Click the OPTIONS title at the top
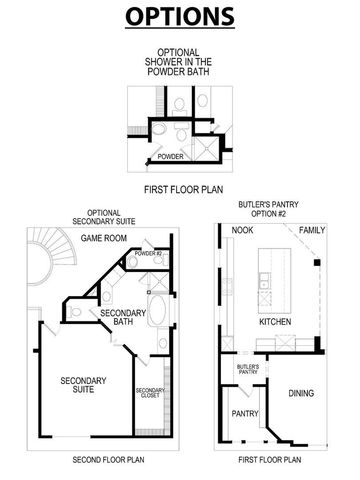(180, 17)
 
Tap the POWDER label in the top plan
(171, 156)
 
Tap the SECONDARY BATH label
(117, 318)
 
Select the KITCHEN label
(275, 323)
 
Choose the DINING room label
(300, 393)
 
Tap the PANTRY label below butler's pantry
(245, 412)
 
